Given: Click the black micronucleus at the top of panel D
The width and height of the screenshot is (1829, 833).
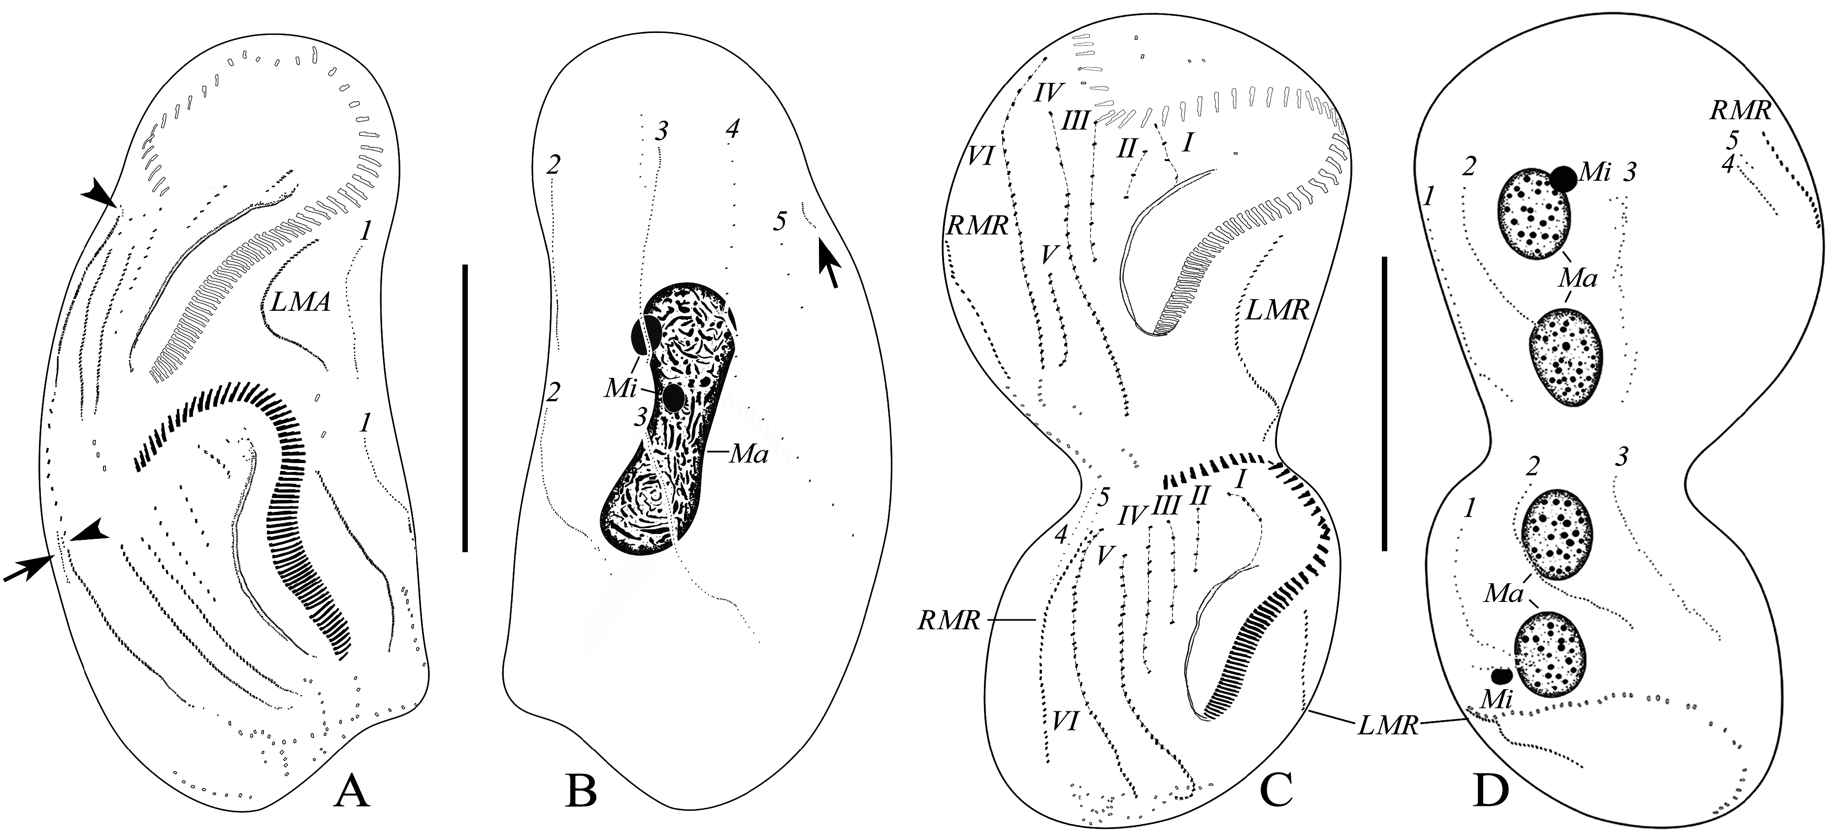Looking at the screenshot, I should coord(1564,179).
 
